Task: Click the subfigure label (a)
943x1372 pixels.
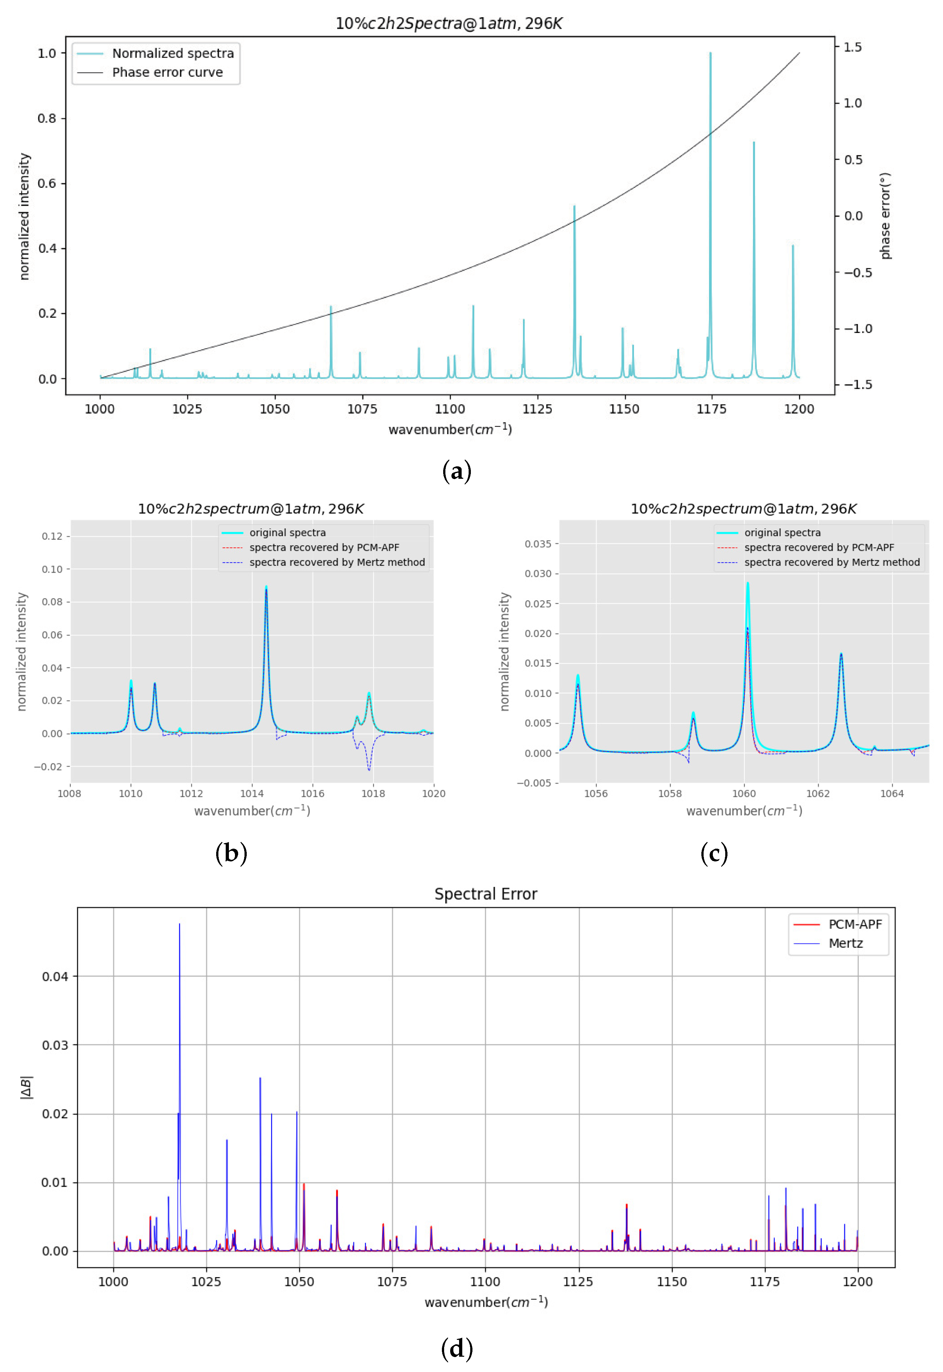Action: point(457,471)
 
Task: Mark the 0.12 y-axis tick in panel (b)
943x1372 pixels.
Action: point(52,536)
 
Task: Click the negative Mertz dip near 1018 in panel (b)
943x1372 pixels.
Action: point(369,769)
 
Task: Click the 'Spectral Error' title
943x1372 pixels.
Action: point(486,894)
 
